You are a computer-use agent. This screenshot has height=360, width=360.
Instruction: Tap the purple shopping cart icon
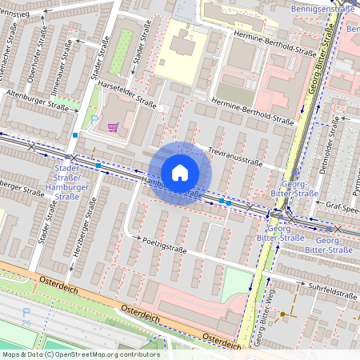(x=113, y=127)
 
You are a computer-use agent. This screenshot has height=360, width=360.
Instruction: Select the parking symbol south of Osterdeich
(x=26, y=314)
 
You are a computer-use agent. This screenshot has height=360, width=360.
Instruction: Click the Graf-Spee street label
(x=340, y=205)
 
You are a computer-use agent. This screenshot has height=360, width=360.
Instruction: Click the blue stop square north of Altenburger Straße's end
(x=75, y=135)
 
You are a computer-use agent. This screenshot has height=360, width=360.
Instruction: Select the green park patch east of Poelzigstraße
(x=235, y=283)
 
